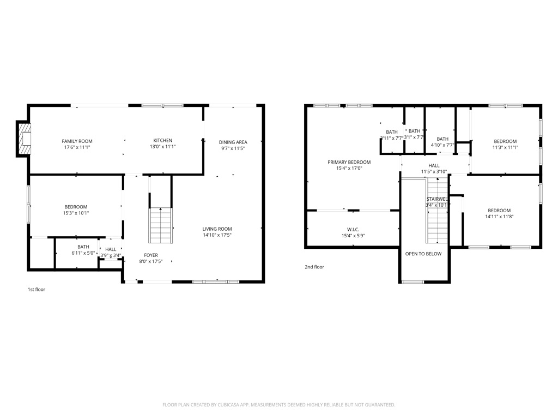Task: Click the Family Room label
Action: (77, 141)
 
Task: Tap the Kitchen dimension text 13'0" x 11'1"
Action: (162, 147)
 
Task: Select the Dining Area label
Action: (233, 142)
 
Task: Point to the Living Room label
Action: (217, 229)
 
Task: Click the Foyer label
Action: (151, 255)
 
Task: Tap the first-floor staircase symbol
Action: (160, 225)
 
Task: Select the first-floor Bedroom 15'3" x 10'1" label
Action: (76, 207)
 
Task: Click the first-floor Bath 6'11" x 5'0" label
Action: (83, 247)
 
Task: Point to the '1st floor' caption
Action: (37, 290)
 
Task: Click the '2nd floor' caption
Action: (314, 267)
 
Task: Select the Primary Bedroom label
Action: (349, 162)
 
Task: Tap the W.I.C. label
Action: (353, 230)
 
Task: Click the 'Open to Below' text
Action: (423, 254)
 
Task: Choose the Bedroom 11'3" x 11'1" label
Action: (505, 141)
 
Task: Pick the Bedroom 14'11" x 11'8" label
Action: (499, 211)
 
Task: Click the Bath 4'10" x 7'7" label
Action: (442, 139)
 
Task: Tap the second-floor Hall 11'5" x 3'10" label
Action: (434, 166)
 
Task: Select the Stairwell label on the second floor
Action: (437, 199)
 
